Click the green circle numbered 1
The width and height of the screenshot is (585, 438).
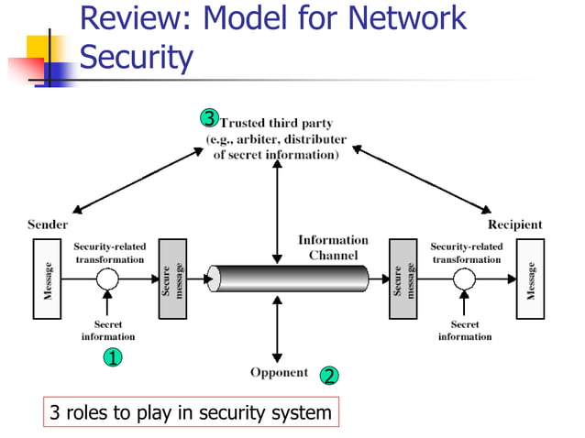111,358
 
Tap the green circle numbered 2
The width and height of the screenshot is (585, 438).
329,375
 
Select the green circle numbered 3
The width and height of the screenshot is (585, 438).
209,117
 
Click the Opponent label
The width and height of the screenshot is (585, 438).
279,372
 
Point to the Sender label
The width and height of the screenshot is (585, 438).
48,224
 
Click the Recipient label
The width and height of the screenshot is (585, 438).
514,224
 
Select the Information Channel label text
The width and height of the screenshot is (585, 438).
333,247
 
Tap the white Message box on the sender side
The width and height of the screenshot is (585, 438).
47,279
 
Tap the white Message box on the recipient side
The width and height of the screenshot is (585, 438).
530,279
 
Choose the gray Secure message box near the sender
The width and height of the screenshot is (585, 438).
172,279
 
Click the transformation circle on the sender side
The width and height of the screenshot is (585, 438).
109,278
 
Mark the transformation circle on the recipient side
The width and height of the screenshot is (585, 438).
466,278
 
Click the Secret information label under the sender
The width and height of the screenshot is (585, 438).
108,331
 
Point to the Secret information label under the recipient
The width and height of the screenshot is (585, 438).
465,331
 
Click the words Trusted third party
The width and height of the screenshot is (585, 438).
276,123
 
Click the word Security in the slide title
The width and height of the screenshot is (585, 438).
137,58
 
